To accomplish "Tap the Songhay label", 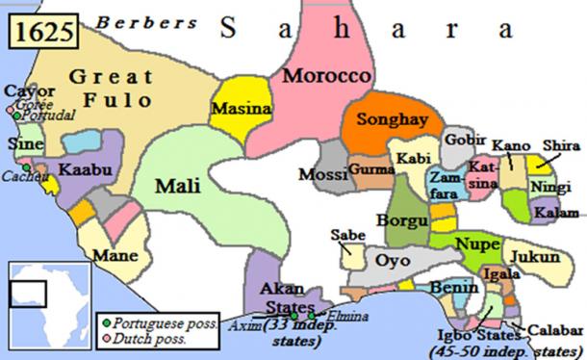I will point(385,121).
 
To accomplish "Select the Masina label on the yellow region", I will point(242,109).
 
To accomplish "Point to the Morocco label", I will point(325,75).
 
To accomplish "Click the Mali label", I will point(179,183).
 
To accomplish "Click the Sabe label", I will point(346,235).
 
